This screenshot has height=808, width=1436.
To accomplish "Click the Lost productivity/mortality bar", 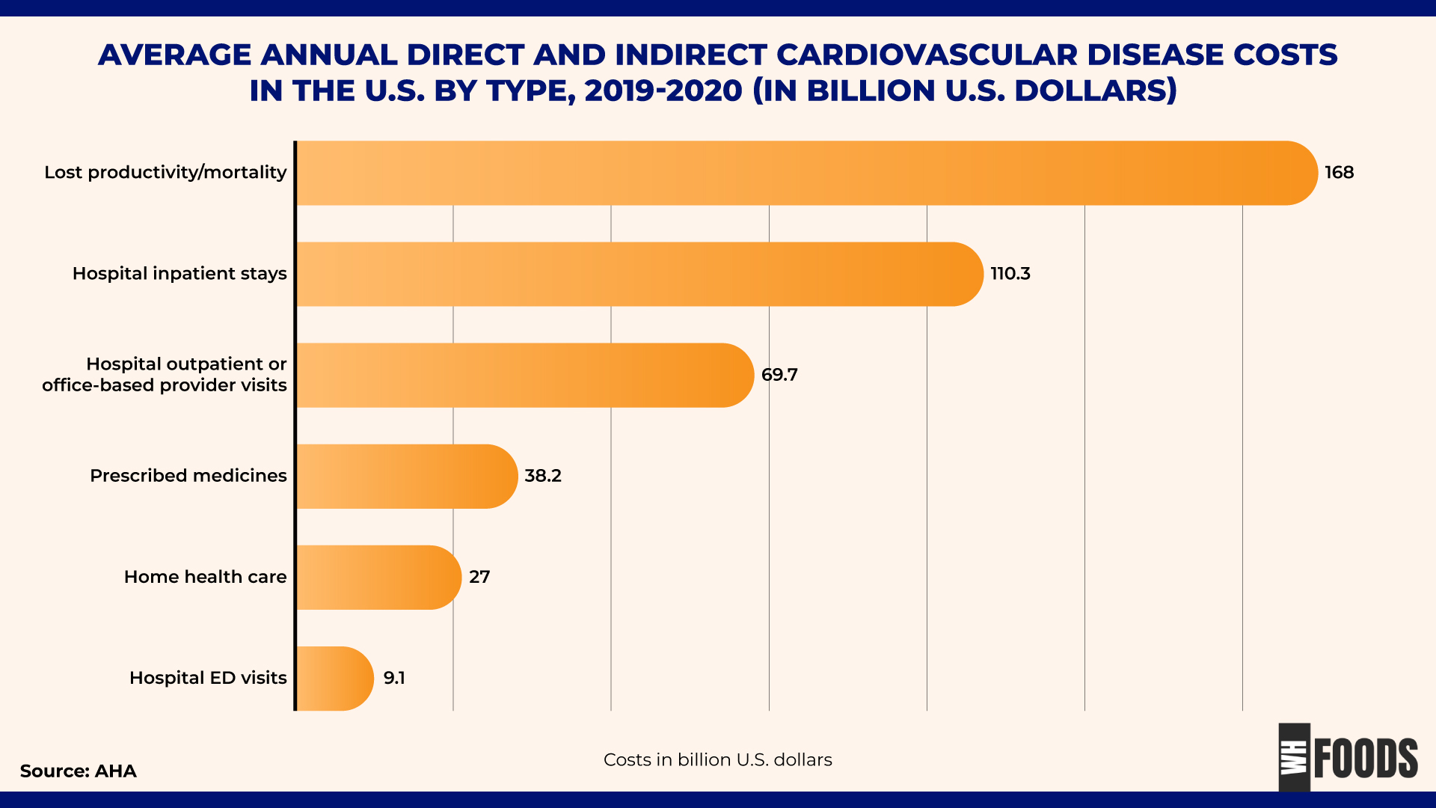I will pyautogui.click(x=806, y=173).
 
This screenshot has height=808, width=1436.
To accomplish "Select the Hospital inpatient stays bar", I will pyautogui.click(x=639, y=274).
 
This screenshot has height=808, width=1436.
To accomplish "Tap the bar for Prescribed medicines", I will pyautogui.click(x=406, y=477).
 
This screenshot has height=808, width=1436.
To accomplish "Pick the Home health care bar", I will pyautogui.click(x=378, y=578).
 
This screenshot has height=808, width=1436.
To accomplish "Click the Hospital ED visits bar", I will pyautogui.click(x=334, y=679).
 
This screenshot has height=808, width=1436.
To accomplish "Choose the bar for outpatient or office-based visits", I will pyautogui.click(x=524, y=376).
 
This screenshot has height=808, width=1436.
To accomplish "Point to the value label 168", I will pyautogui.click(x=1339, y=173).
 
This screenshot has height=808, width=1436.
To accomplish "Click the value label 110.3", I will pyautogui.click(x=1010, y=274).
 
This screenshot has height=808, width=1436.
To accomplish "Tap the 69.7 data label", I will pyautogui.click(x=779, y=375).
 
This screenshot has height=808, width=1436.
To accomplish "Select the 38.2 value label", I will pyautogui.click(x=542, y=476).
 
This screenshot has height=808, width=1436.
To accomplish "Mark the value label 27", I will pyautogui.click(x=479, y=577).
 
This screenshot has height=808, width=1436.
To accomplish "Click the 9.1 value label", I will pyautogui.click(x=394, y=678).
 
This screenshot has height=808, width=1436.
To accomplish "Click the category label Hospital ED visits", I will pyautogui.click(x=208, y=678).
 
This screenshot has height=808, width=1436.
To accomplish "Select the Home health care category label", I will pyautogui.click(x=205, y=577).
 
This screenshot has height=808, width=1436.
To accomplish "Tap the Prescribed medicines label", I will pyautogui.click(x=188, y=476).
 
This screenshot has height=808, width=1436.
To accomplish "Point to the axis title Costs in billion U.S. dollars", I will pyautogui.click(x=717, y=760).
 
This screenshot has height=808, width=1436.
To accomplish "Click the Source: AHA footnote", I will pyautogui.click(x=78, y=771).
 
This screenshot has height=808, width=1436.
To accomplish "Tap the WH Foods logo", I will pyautogui.click(x=1348, y=757).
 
